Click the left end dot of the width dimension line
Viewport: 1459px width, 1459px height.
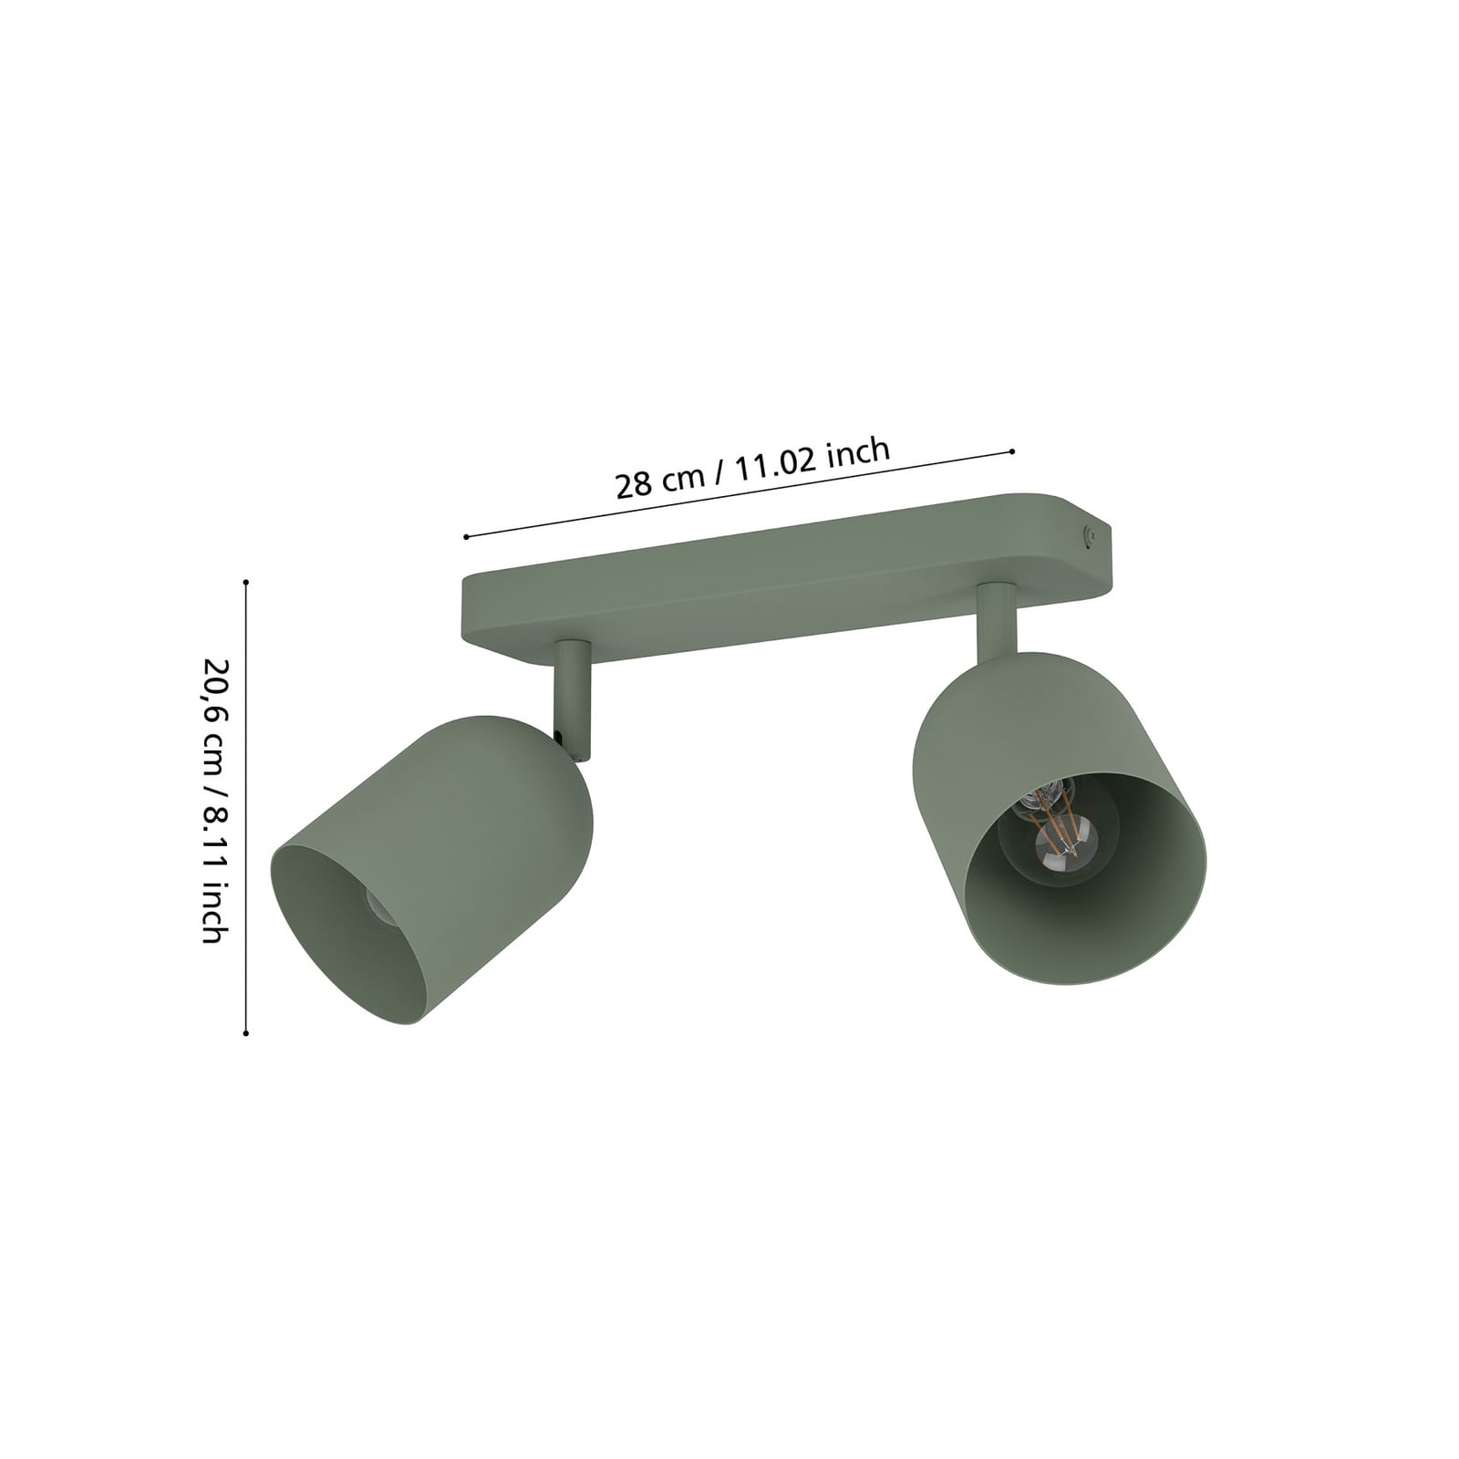(x=466, y=537)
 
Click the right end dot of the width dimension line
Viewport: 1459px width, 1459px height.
(x=1013, y=451)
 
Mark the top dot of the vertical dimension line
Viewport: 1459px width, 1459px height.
(x=246, y=581)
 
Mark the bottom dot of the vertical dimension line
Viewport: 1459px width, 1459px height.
(x=246, y=1033)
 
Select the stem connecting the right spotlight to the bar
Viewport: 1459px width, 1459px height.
(x=996, y=620)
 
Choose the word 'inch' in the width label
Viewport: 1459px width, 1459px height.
(x=857, y=452)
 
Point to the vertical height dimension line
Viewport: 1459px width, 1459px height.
(x=246, y=802)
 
